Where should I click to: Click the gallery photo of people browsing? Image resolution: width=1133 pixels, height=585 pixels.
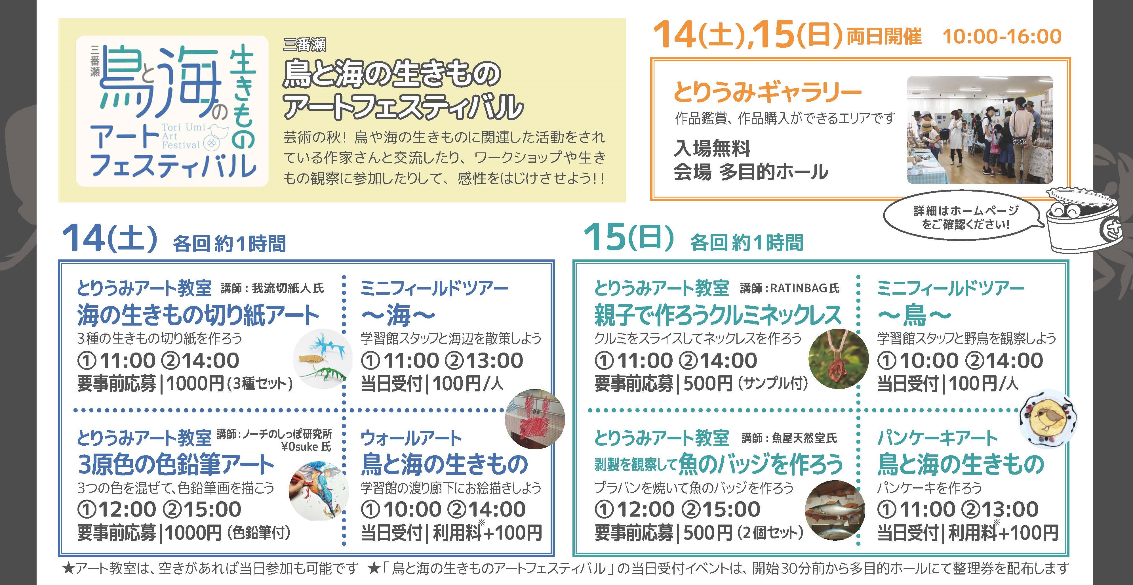[980, 130]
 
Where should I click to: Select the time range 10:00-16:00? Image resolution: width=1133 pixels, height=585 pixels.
[1002, 36]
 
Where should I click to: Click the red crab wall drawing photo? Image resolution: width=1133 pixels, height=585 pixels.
[534, 418]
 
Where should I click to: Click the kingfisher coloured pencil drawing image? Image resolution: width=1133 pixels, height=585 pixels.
[319, 490]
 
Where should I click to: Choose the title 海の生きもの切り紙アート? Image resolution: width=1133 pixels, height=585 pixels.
[198, 315]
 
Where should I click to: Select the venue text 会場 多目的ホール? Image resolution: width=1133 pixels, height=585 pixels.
[751, 172]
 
